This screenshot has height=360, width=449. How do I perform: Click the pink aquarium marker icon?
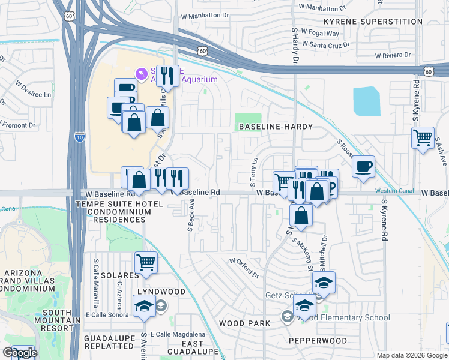(x=142, y=74)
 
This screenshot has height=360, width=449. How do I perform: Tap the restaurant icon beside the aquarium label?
(x=167, y=76)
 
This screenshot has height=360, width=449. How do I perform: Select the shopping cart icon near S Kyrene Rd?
(x=423, y=138)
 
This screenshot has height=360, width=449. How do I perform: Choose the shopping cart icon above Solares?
(x=146, y=262)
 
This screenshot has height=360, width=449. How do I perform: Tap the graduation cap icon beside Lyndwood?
(x=145, y=307)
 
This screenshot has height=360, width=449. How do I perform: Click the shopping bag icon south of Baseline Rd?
(x=301, y=214)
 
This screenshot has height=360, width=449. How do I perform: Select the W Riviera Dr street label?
(x=393, y=55)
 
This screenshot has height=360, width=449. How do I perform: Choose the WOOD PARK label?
(x=240, y=323)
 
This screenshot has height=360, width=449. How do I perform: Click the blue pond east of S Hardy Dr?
(x=366, y=101)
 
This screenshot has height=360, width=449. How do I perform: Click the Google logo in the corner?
(x=20, y=353)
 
